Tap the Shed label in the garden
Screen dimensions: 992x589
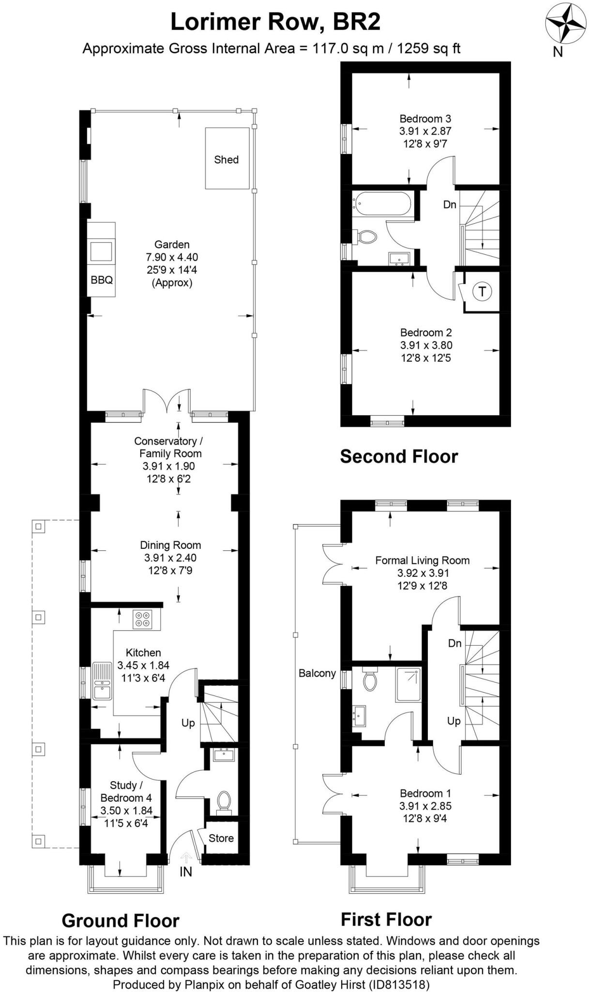(x=227, y=159)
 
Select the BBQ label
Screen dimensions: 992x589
(x=102, y=280)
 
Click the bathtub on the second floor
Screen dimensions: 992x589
(x=382, y=203)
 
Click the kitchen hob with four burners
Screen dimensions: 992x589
(x=142, y=620)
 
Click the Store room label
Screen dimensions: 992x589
(x=221, y=838)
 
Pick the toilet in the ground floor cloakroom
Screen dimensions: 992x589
(x=224, y=800)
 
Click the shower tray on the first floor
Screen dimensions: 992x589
(x=409, y=684)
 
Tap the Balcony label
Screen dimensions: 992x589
(x=317, y=673)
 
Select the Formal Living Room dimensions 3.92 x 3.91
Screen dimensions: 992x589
(x=423, y=573)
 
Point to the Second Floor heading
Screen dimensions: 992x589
(x=399, y=456)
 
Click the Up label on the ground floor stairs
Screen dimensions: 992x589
(x=188, y=723)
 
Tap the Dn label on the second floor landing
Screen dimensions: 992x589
(x=450, y=204)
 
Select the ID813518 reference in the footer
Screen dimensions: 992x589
(x=399, y=984)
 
